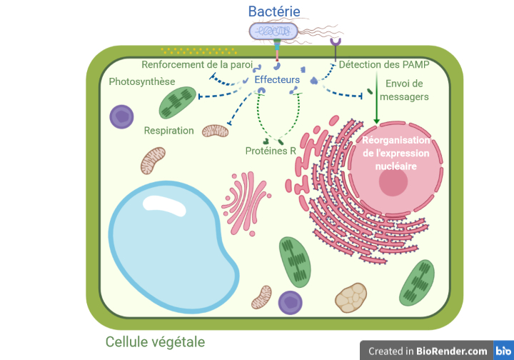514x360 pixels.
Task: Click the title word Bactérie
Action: pos(274,11)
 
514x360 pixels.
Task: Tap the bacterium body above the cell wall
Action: pos(273,31)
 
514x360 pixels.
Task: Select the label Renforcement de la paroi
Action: pos(197,64)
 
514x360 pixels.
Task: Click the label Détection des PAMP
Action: pos(384,64)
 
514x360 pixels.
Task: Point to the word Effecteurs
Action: pos(277,80)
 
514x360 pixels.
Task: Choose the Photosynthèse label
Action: pos(142,81)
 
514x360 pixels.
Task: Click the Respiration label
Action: pos(168,131)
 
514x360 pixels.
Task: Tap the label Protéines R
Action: pos(271,151)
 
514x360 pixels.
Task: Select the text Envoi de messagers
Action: pos(404,90)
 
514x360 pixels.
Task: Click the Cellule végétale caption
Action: pos(155,342)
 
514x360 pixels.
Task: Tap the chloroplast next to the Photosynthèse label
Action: pos(177,103)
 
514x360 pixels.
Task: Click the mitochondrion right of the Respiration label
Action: pos(215,131)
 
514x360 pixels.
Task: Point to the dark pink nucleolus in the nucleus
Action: pos(393,182)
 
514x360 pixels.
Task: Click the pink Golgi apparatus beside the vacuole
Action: pos(246,203)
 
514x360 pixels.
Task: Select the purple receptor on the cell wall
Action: pos(336,49)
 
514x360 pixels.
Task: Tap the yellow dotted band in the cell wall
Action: pos(199,51)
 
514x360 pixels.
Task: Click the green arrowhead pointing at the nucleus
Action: pos(377,121)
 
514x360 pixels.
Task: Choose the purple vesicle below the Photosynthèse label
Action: pos(121,116)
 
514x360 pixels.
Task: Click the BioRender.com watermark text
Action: pos(428,351)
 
